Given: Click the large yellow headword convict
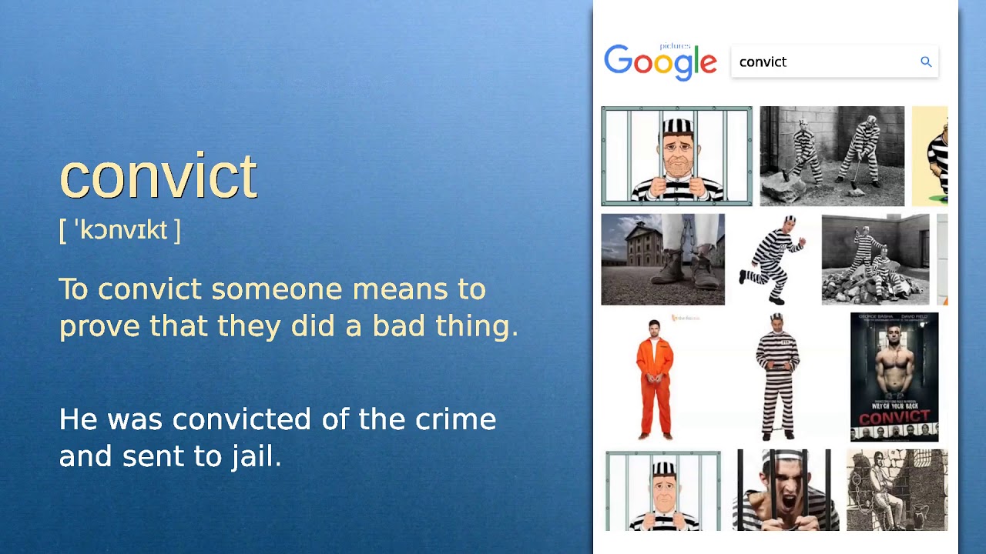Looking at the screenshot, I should coord(158,177).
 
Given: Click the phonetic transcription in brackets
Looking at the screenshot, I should coord(120,230).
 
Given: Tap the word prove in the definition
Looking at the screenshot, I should coord(99,326).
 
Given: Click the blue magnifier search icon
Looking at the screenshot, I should coord(926,62).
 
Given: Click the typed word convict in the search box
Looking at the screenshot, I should coord(763,62).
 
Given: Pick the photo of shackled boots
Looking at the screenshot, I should coord(662,259).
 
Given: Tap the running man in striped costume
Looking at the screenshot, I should coord(773,259).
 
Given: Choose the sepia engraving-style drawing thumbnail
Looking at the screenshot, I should coord(897,490).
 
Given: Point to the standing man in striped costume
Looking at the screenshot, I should coord(776,377).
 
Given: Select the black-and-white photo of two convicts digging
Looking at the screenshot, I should coord(832,156).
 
